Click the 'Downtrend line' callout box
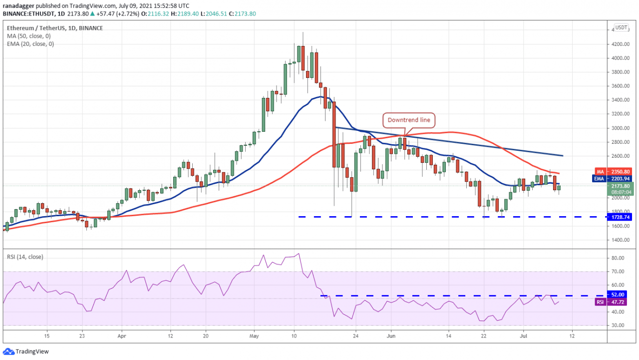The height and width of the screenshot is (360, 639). click(x=408, y=120)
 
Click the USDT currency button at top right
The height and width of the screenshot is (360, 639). click(x=621, y=27)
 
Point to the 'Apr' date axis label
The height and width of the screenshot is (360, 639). click(x=122, y=336)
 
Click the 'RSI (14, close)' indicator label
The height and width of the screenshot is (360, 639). click(x=25, y=257)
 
